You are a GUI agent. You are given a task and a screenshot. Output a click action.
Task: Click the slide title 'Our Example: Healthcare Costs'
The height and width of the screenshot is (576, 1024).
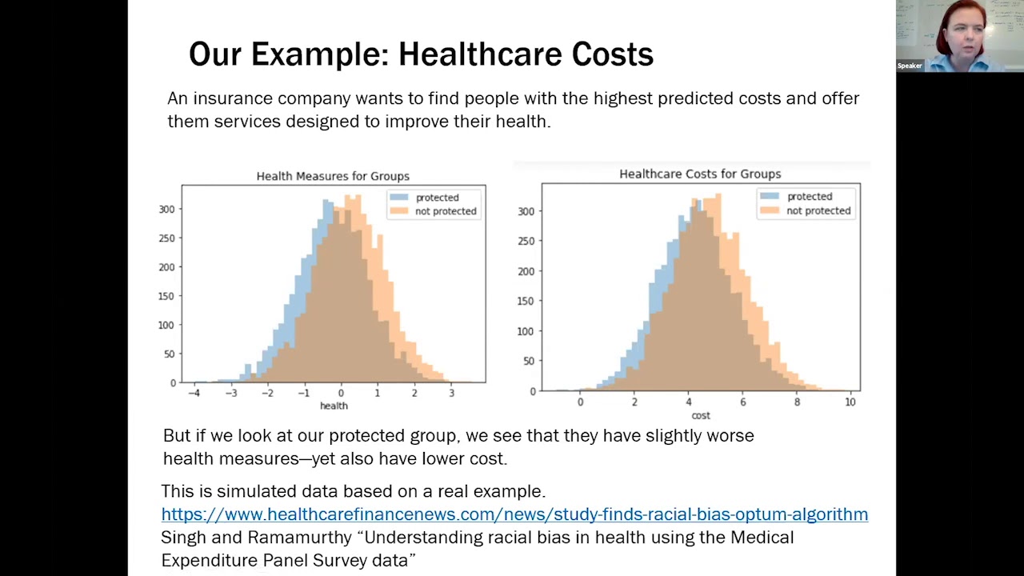pyautogui.click(x=421, y=54)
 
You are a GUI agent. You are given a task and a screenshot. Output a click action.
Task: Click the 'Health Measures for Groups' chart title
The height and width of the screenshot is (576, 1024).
pyautogui.click(x=333, y=176)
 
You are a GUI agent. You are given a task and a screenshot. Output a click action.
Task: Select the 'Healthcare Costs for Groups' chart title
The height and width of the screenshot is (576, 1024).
pyautogui.click(x=700, y=174)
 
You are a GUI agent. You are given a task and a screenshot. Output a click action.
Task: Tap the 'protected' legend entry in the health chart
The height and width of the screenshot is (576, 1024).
pyautogui.click(x=437, y=198)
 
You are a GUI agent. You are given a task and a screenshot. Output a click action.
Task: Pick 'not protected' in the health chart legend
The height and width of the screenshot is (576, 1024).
pyautogui.click(x=446, y=211)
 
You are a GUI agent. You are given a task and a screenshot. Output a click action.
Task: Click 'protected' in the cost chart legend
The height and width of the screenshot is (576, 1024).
pyautogui.click(x=810, y=197)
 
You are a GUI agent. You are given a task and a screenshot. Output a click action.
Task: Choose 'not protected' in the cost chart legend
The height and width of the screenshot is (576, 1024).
pyautogui.click(x=818, y=210)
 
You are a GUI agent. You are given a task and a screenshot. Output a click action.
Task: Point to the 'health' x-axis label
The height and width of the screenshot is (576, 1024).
pyautogui.click(x=334, y=406)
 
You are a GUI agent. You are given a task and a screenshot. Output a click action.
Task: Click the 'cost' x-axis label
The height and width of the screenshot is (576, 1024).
pyautogui.click(x=701, y=415)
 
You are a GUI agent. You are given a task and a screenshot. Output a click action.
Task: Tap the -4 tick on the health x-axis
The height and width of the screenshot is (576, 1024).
pyautogui.click(x=194, y=394)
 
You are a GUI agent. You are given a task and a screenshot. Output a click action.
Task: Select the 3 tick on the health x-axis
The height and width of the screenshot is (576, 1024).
pyautogui.click(x=451, y=394)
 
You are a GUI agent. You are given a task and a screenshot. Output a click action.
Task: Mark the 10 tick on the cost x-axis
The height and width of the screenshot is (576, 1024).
pyautogui.click(x=850, y=402)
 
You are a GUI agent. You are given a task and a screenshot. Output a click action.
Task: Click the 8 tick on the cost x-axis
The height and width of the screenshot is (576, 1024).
pyautogui.click(x=797, y=402)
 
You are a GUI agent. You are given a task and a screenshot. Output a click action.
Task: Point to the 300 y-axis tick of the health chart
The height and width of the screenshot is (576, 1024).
pyautogui.click(x=166, y=210)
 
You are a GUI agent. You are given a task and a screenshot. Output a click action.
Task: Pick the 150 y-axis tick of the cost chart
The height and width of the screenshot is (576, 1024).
pyautogui.click(x=525, y=301)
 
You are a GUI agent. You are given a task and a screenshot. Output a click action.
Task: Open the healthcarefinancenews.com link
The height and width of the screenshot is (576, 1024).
pyautogui.click(x=514, y=514)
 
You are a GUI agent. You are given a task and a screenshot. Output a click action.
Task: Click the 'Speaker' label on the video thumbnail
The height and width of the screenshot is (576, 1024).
pyautogui.click(x=910, y=66)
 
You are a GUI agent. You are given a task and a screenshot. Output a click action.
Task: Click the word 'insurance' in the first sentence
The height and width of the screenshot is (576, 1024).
pyautogui.click(x=232, y=98)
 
